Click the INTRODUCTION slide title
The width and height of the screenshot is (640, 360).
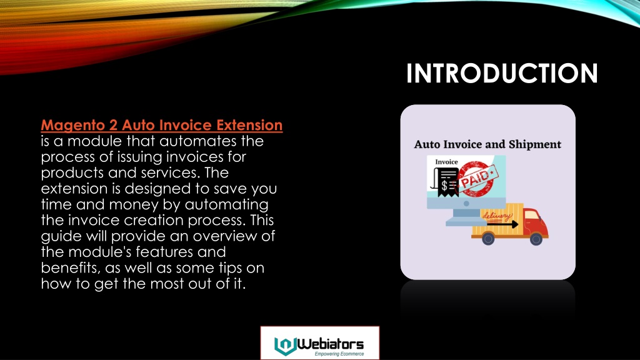tap(502, 74)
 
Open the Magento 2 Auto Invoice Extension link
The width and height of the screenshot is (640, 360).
tap(162, 125)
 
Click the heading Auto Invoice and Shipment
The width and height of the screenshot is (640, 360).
tap(487, 144)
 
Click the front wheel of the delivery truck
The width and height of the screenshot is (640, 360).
tap(536, 238)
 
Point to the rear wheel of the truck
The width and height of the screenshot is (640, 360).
tap(488, 238)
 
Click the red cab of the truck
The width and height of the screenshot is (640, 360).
tap(536, 222)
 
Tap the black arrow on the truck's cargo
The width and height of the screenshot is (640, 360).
tap(502, 224)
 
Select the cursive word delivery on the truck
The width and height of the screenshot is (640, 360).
tap(497, 216)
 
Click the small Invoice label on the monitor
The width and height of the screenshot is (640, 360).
tap(446, 162)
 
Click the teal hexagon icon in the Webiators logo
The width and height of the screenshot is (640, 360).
tap(285, 346)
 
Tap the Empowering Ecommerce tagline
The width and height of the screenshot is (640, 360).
tap(339, 354)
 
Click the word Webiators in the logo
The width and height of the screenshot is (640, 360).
tap(330, 344)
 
